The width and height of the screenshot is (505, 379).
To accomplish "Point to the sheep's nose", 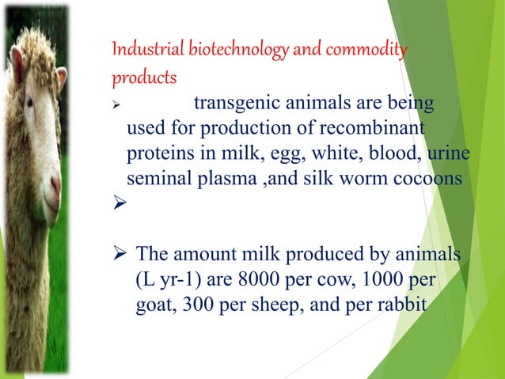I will tap(55, 190).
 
